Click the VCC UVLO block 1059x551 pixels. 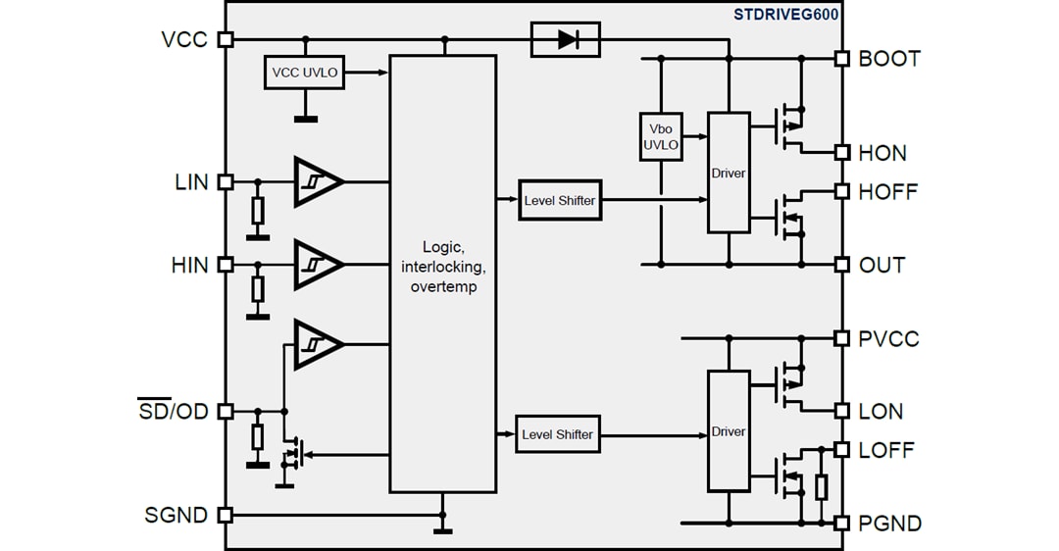click(305, 73)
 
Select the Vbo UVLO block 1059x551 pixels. click(660, 138)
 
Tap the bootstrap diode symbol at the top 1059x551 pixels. click(565, 39)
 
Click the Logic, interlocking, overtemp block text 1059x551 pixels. click(442, 267)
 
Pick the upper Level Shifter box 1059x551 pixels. click(558, 200)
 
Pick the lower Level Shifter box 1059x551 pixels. click(557, 433)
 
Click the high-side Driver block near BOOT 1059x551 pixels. click(729, 173)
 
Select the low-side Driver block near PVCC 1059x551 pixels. click(729, 431)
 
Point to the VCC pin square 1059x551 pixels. click(226, 39)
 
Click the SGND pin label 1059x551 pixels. click(176, 515)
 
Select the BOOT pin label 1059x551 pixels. click(889, 59)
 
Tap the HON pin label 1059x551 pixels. click(882, 153)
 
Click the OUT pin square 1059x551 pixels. click(840, 265)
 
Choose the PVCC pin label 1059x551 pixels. click(889, 338)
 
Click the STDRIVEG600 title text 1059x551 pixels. click(785, 14)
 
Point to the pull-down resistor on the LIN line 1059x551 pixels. click(258, 210)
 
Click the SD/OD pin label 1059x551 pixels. click(173, 412)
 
